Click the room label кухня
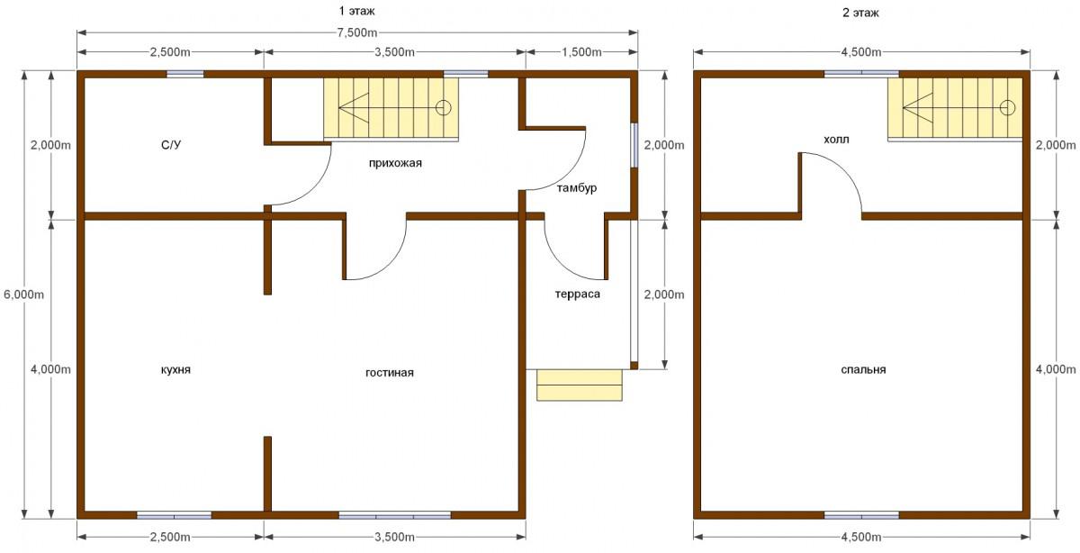pyautogui.click(x=175, y=369)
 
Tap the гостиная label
pyautogui.click(x=390, y=373)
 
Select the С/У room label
pyautogui.click(x=171, y=145)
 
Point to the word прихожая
pyautogui.click(x=395, y=163)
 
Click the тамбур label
pyautogui.click(x=577, y=187)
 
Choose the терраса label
pyautogui.click(x=578, y=294)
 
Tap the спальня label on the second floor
pyautogui.click(x=863, y=369)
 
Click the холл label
pyautogui.click(x=836, y=140)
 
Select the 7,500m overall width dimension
pyautogui.click(x=357, y=32)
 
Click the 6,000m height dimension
pyautogui.click(x=23, y=294)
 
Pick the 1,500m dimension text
pyautogui.click(x=581, y=51)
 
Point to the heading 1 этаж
pyautogui.click(x=356, y=11)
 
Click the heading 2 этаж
pyautogui.click(x=860, y=13)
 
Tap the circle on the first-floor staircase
pyautogui.click(x=443, y=107)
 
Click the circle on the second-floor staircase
pyautogui.click(x=1008, y=107)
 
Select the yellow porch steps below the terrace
pyautogui.click(x=580, y=385)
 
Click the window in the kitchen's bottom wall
pyautogui.click(x=174, y=515)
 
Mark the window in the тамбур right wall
pyautogui.click(x=634, y=145)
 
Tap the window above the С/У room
pyautogui.click(x=185, y=74)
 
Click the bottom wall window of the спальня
pyautogui.click(x=861, y=515)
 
